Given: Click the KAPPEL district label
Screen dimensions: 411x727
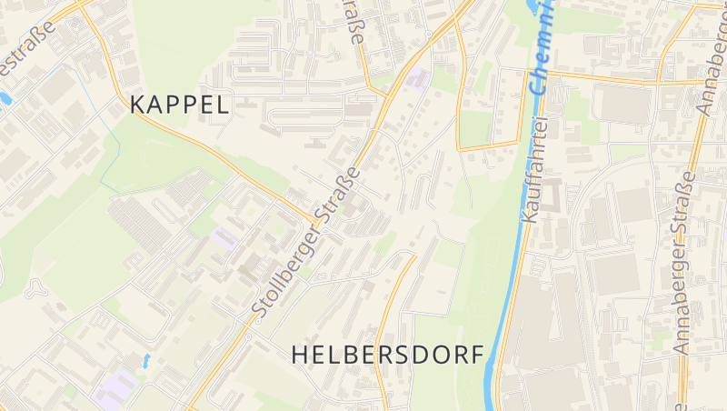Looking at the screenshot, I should (180, 104).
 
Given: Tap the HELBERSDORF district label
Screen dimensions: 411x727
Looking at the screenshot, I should (388, 356).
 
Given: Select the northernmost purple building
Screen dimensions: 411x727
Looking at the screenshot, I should (418, 78).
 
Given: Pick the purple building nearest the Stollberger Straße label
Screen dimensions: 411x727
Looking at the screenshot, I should (224, 239).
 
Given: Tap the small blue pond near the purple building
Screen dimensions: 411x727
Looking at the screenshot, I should (145, 360).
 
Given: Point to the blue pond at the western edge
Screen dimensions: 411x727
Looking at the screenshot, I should (5, 97).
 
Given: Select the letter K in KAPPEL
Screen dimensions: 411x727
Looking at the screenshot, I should (138, 104).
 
